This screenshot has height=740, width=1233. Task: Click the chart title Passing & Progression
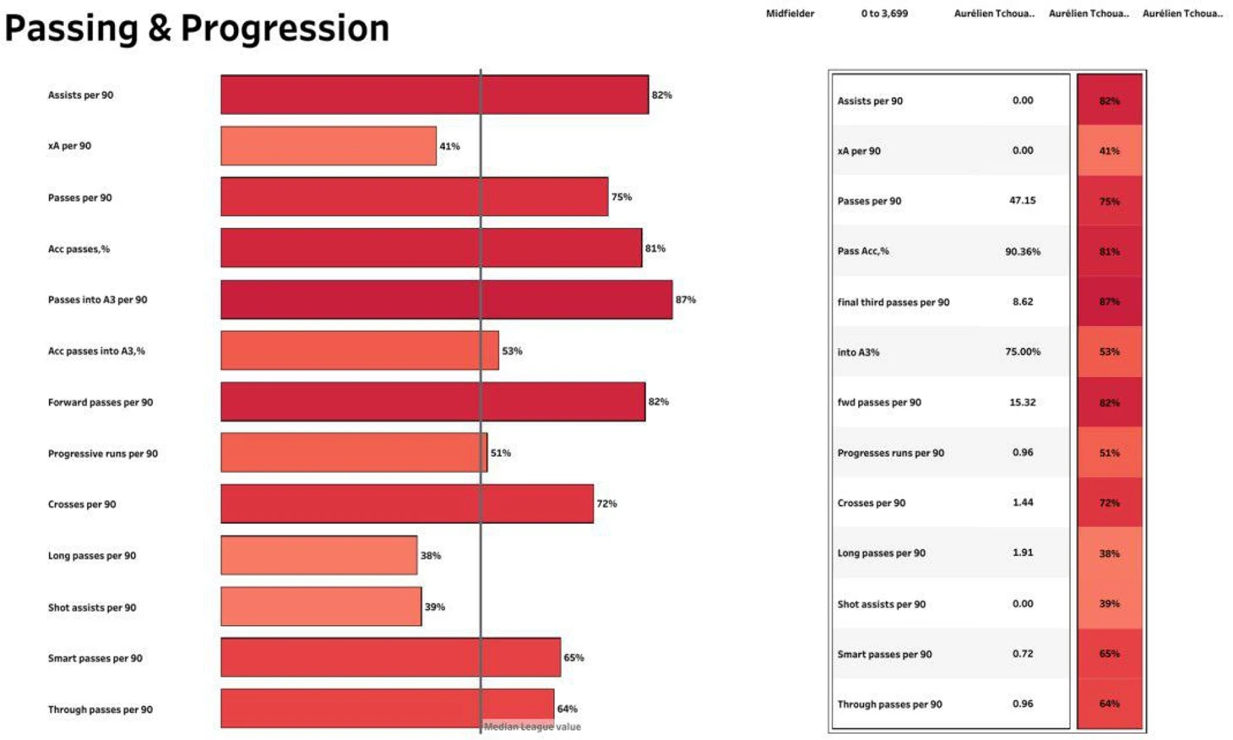point(197,28)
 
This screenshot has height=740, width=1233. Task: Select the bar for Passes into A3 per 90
point(446,300)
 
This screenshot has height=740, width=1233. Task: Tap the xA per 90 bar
point(329,146)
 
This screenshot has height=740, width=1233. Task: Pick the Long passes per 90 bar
point(318,555)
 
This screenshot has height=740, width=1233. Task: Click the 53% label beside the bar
point(512,351)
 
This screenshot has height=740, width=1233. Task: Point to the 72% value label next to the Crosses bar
point(606,503)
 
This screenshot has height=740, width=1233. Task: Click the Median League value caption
point(532,726)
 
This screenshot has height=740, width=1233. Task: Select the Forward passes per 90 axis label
point(100,402)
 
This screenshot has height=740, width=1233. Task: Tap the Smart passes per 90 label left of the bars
point(95,658)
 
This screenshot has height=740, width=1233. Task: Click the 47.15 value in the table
point(1022,200)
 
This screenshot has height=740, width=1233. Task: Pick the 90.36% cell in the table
point(1022,251)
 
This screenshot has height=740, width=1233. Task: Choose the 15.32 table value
point(1022,402)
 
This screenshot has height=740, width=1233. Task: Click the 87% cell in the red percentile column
point(1109,302)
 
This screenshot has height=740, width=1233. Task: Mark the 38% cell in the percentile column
point(1109,553)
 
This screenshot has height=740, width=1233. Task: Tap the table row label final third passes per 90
point(893,302)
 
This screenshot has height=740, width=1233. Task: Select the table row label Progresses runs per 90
point(890,453)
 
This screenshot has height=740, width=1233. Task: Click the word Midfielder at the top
point(790,14)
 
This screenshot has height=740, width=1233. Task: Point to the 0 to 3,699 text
point(884,14)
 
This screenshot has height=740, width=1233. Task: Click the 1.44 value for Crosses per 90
point(1022,502)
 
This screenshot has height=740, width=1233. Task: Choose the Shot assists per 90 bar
point(321,607)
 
